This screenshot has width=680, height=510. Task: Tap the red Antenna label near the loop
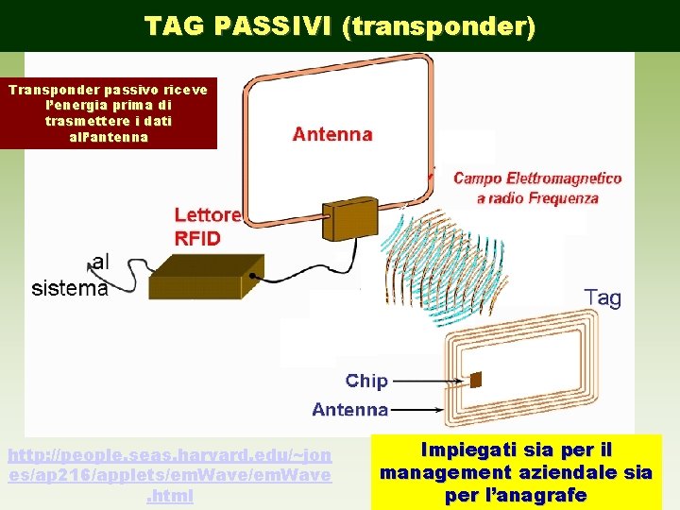pos(332,134)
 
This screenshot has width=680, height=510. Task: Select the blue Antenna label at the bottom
pos(349,409)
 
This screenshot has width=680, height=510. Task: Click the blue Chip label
pos(366,381)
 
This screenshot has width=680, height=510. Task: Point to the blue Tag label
pos(603,298)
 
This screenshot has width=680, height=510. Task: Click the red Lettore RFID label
pos(207,227)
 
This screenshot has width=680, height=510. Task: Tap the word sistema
pos(70,289)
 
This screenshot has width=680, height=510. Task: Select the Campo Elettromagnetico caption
pos(537,188)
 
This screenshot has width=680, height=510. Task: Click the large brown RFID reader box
pos(205,277)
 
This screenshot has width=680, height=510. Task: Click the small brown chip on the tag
pos(475,380)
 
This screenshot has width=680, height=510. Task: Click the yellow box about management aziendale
pos(516,469)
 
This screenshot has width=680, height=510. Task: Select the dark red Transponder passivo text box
pos(110,112)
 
